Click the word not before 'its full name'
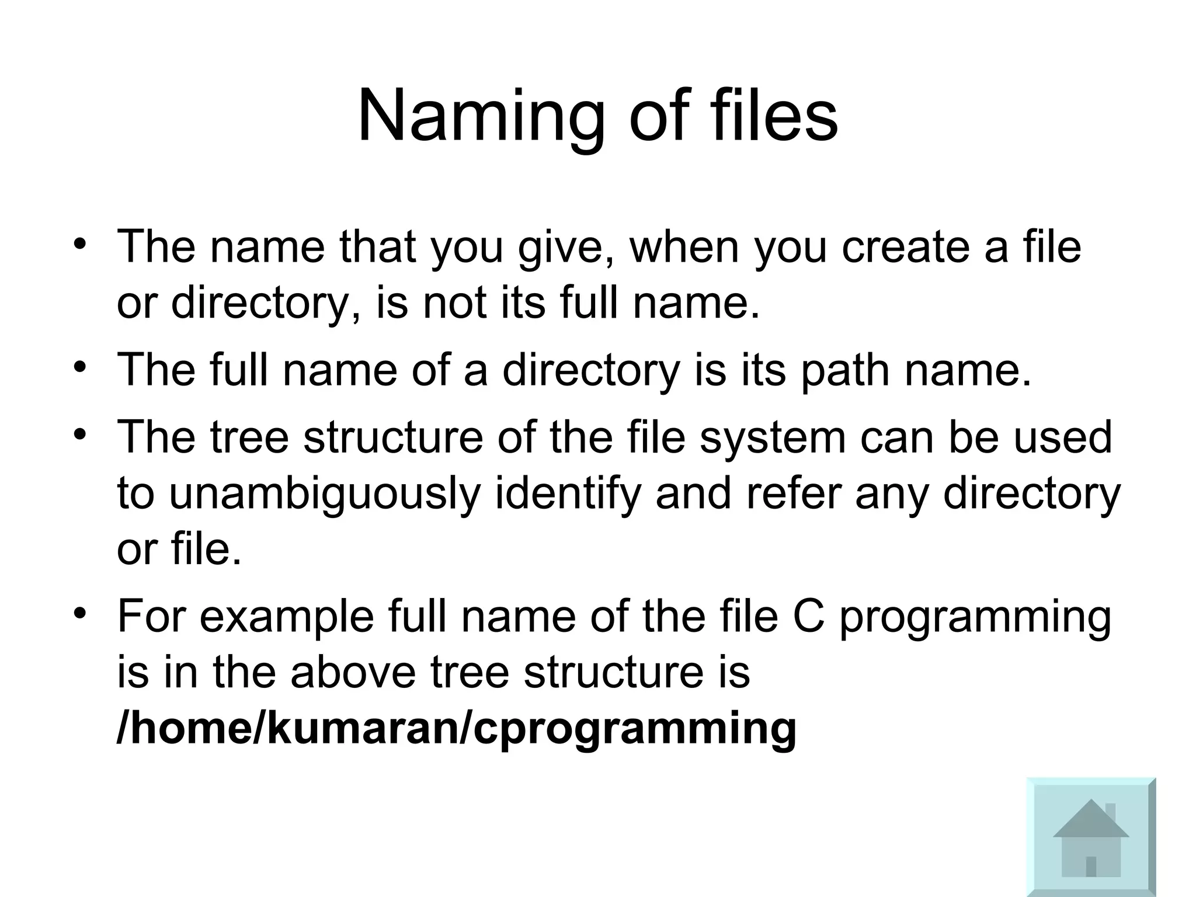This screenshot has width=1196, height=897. point(454,304)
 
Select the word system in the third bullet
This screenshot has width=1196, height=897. point(773,438)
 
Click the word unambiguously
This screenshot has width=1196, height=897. point(324,494)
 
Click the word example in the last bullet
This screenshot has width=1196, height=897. point(286,617)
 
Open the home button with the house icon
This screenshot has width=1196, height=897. point(1090,836)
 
